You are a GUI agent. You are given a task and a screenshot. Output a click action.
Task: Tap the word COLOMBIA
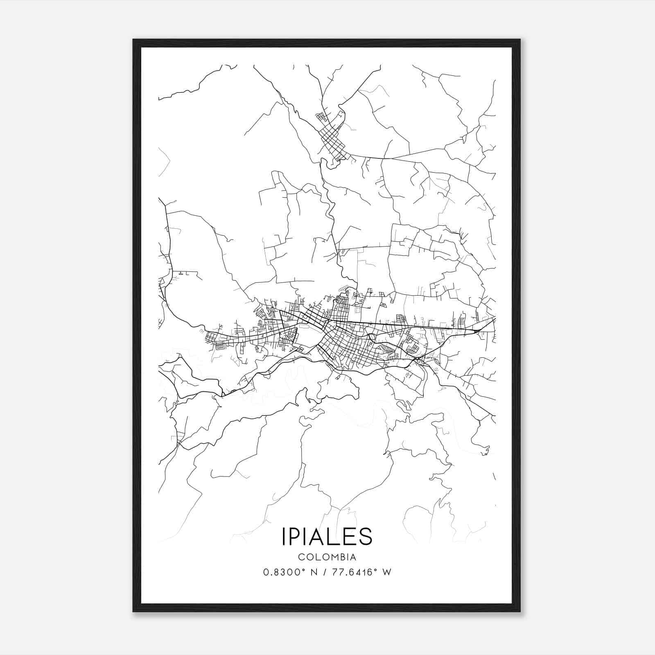(x=327, y=557)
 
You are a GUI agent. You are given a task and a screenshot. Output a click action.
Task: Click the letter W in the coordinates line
(x=387, y=572)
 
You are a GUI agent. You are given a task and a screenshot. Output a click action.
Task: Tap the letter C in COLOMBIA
(x=301, y=557)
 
